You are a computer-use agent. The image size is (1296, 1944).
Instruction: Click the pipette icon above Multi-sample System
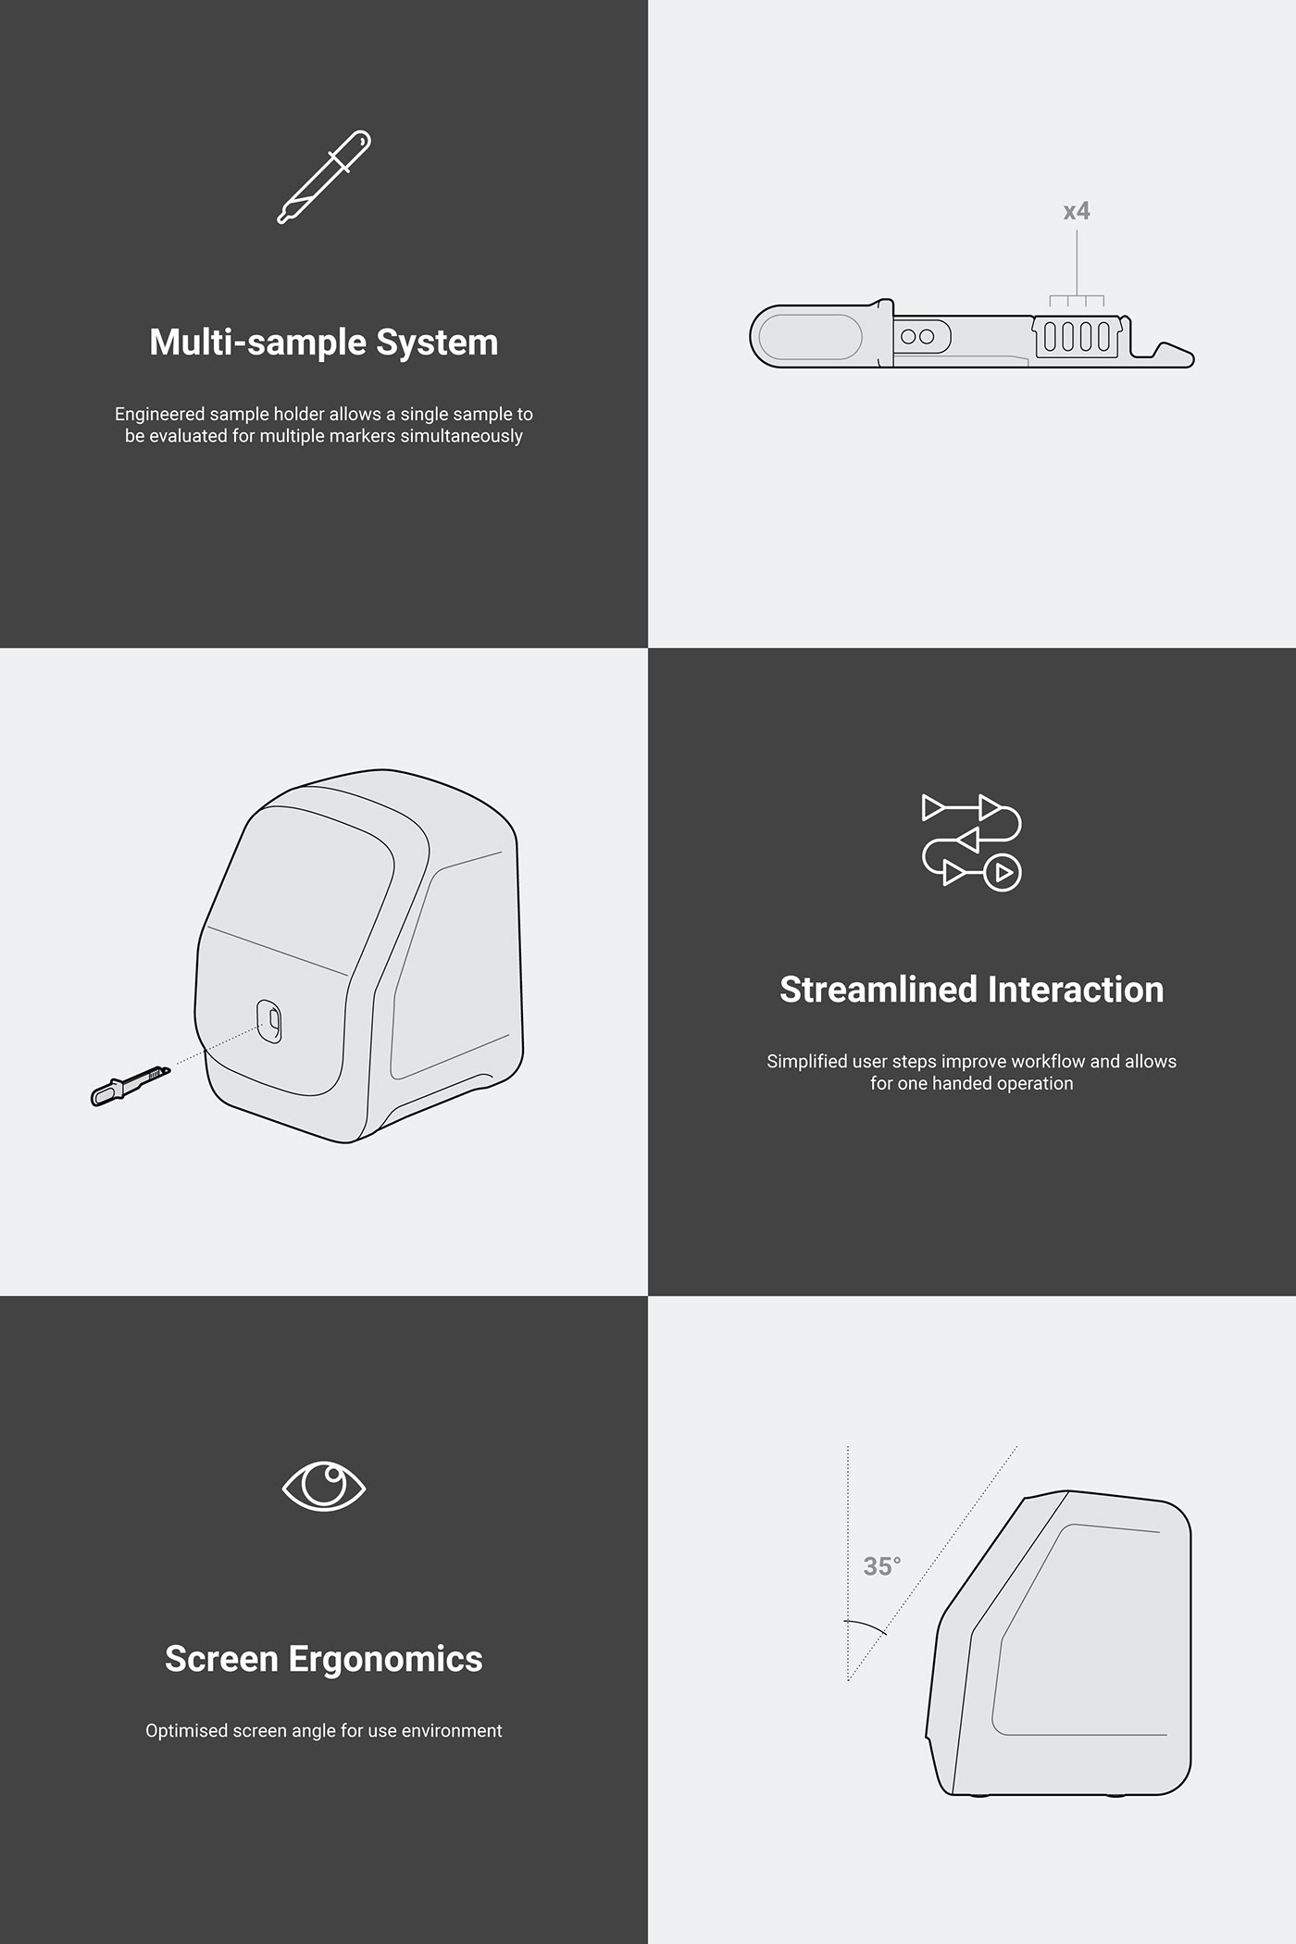324,177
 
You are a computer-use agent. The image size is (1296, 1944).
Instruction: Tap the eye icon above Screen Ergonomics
324,1487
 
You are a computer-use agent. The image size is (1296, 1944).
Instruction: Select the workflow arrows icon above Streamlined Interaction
971,841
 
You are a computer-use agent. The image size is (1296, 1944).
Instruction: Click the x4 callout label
1077,212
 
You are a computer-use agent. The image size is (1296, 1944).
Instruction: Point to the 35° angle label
881,1566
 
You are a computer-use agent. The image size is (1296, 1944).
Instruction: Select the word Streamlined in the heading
878,990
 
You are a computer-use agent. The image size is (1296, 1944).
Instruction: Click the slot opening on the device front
269,1020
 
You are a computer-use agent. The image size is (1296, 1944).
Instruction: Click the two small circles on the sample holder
917,336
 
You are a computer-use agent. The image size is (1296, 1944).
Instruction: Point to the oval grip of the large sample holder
810,337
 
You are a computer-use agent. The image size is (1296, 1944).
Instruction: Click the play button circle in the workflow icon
1003,872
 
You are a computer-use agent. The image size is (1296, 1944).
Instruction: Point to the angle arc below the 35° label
866,1626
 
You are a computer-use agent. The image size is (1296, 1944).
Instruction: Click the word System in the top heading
437,343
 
